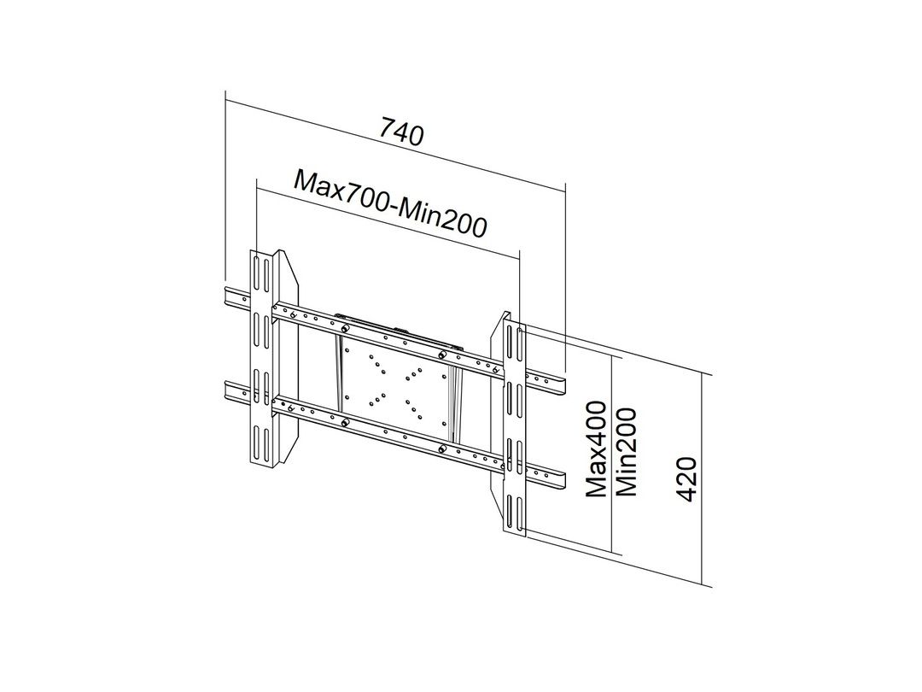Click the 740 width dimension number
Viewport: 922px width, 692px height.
click(x=401, y=133)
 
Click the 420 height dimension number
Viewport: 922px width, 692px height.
click(x=688, y=479)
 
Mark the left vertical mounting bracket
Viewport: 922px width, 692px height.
click(x=260, y=359)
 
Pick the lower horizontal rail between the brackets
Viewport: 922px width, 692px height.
click(x=384, y=427)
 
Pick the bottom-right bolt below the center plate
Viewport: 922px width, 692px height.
click(x=441, y=450)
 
